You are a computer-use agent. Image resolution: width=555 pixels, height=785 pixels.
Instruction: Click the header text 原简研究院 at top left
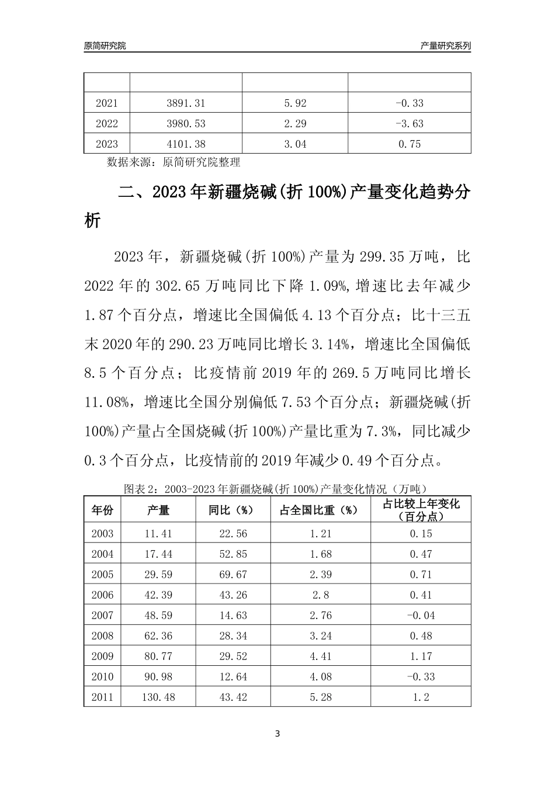[x=105, y=46]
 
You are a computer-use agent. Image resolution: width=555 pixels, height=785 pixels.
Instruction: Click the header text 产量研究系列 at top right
[x=445, y=46]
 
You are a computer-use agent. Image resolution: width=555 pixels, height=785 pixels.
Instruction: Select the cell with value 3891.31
[x=186, y=103]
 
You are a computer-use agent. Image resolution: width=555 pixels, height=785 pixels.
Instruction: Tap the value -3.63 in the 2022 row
[x=409, y=124]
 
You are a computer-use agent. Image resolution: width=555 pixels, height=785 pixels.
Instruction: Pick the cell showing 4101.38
[x=186, y=144]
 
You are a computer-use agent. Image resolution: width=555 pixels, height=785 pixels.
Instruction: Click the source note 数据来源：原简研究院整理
[x=174, y=162]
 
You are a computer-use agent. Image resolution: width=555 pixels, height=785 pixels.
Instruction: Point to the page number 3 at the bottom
[x=277, y=734]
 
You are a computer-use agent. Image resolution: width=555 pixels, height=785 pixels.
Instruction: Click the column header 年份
[x=102, y=510]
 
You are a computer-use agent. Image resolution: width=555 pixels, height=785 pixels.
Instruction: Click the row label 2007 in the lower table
[x=103, y=616]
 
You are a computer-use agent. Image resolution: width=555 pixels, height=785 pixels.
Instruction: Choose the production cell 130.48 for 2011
[x=158, y=697]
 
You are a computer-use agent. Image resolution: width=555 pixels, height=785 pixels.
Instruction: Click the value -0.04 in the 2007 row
[x=420, y=616]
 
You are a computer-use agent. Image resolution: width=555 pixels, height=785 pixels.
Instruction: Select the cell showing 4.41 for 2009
[x=320, y=657]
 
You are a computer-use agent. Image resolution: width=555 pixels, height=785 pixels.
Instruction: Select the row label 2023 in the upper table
[x=106, y=144]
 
